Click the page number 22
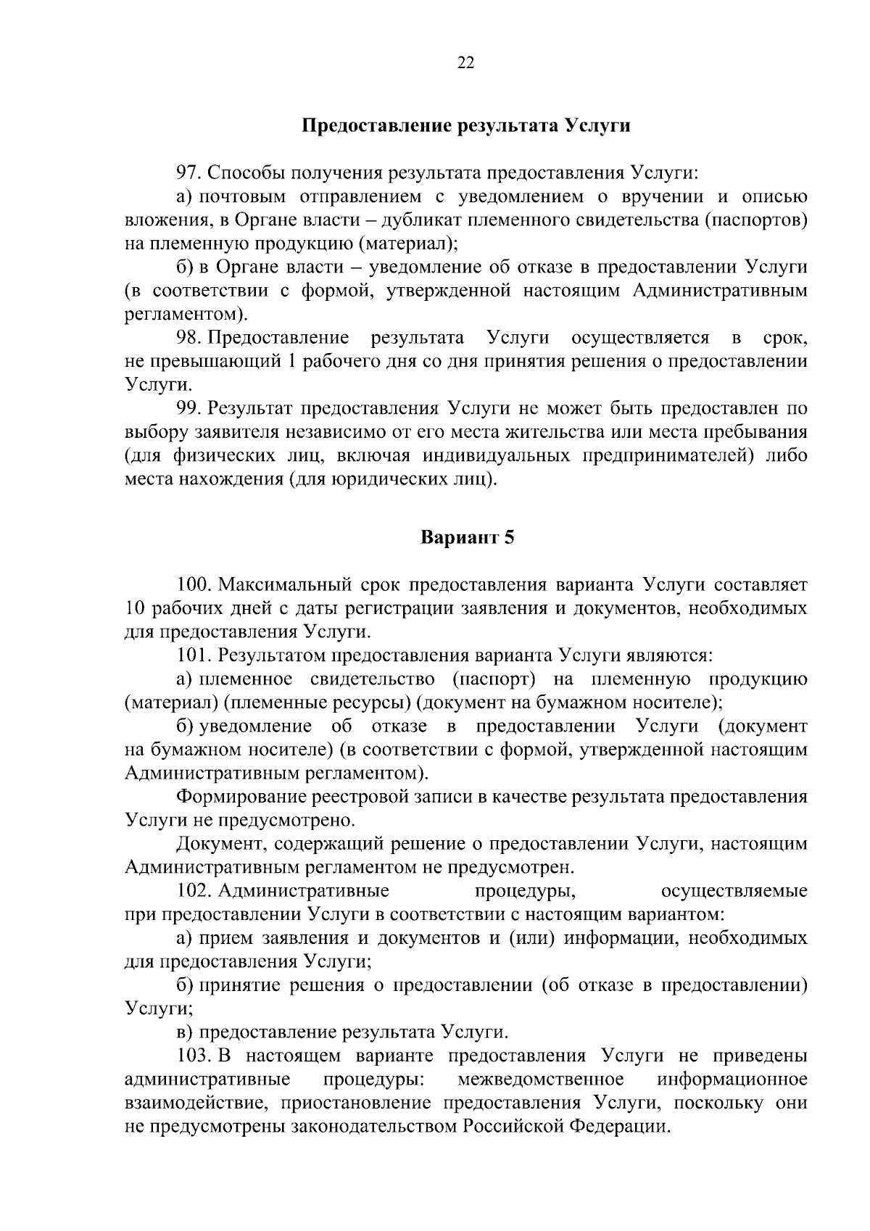point(466,62)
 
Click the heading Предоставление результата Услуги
point(465,125)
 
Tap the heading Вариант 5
point(467,538)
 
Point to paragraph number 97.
point(190,173)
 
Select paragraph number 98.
point(190,338)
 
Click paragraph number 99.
point(190,409)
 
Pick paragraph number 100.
point(194,585)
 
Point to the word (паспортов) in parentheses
point(756,220)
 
